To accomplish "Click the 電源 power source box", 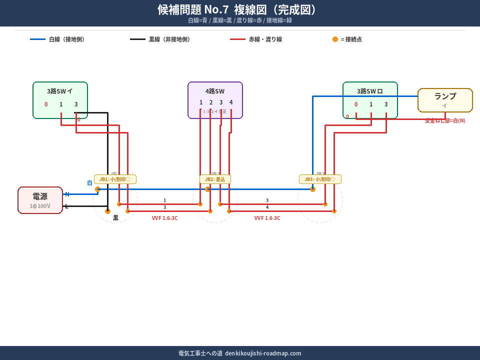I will click(40, 200).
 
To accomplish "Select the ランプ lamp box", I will click(445, 100).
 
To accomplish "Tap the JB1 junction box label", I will click(115, 179).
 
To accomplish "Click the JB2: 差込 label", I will click(215, 179).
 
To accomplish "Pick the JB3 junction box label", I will click(320, 179).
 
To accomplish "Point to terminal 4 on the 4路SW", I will click(231, 102).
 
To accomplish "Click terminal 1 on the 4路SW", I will click(201, 102).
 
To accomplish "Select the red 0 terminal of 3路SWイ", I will click(46, 104).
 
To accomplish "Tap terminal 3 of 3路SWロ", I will click(386, 104).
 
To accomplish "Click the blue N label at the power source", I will click(67, 194).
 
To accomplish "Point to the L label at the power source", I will click(66, 206).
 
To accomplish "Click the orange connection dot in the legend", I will click(335, 39).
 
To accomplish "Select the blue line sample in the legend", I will click(37, 39).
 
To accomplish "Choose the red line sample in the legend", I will click(237, 39).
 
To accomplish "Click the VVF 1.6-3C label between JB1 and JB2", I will click(164, 218).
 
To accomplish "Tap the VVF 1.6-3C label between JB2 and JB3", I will click(267, 218).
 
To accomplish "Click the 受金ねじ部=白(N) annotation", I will click(445, 120).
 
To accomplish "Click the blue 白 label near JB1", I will click(90, 183).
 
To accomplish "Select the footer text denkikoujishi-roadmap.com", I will click(263, 353).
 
